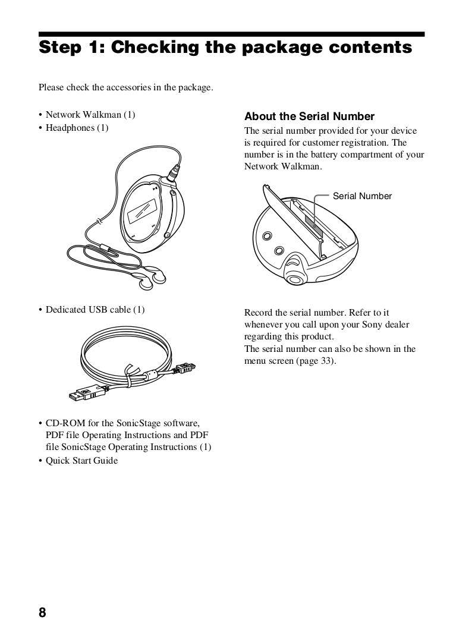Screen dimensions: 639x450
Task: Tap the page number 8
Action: click(42, 613)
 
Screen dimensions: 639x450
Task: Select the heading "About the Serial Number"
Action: click(309, 117)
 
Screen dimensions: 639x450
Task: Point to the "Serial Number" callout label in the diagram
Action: click(362, 196)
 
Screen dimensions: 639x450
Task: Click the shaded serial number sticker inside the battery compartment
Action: click(313, 225)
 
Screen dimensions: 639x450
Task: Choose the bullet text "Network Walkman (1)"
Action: click(90, 115)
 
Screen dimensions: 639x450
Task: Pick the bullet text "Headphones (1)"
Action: click(77, 128)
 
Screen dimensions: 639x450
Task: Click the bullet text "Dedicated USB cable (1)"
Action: click(95, 310)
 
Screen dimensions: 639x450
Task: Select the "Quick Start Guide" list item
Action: click(81, 461)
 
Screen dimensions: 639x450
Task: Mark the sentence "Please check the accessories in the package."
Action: click(125, 88)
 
